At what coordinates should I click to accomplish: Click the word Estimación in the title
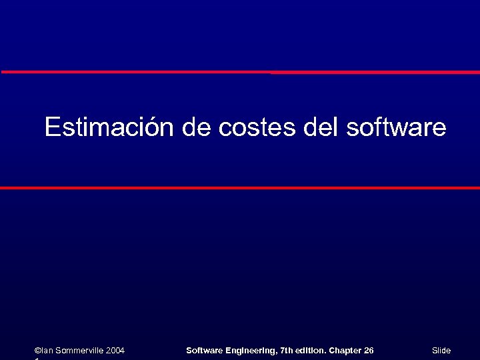pos(110,127)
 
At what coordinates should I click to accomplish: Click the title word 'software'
pos(396,127)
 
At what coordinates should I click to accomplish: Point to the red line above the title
pos(240,72)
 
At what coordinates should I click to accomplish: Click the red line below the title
pos(240,188)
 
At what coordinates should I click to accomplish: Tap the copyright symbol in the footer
pos(37,351)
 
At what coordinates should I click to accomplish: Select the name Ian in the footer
pos(47,351)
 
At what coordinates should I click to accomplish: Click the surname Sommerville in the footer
pos(79,351)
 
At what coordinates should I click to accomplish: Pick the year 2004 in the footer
pos(115,351)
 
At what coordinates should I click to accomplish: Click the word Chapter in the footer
pos(345,351)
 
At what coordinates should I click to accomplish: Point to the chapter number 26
pos(369,351)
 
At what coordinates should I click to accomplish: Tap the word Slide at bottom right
pos(441,351)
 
